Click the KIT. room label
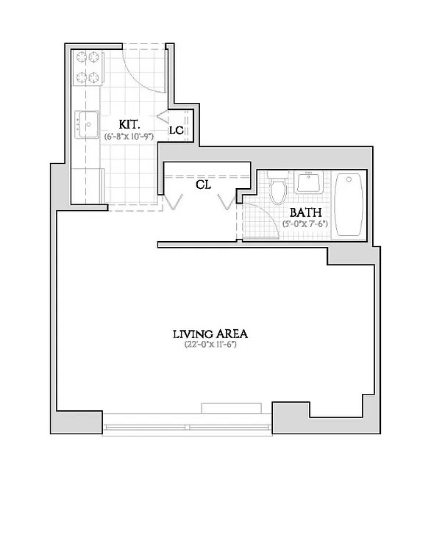click(x=129, y=124)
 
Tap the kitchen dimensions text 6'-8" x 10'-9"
click(x=129, y=136)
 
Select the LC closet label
click(x=177, y=131)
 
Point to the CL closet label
click(x=204, y=184)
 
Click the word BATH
click(x=305, y=212)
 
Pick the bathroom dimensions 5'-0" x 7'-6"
click(x=305, y=224)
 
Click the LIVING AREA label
click(x=210, y=334)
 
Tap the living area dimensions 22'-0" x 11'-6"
click(x=210, y=345)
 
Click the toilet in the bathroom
click(x=278, y=187)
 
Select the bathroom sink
click(x=309, y=182)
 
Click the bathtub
click(x=349, y=204)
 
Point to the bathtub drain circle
click(x=349, y=180)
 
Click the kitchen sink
click(x=87, y=124)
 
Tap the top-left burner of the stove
click(x=82, y=57)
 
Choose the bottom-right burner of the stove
click(x=93, y=77)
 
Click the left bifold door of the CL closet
click(x=173, y=202)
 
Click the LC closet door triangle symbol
click(x=163, y=117)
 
